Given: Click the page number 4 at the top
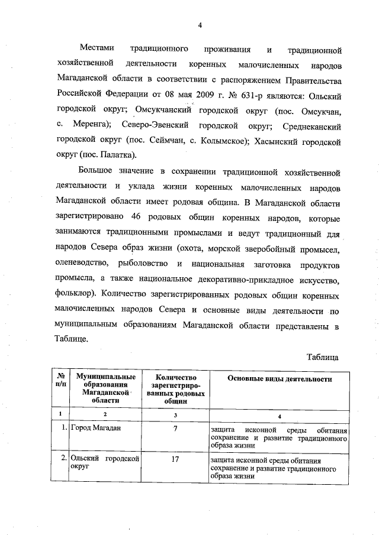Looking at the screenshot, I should pyautogui.click(x=200, y=24).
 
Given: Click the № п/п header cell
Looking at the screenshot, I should pyautogui.click(x=60, y=380).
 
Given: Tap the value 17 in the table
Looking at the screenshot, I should pyautogui.click(x=175, y=458).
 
